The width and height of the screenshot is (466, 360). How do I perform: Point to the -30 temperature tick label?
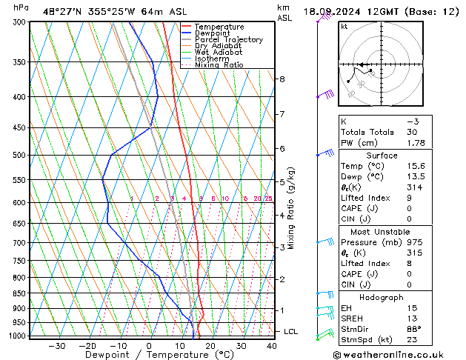coord(56,346)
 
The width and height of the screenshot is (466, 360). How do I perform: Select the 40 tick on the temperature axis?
coord(272,346)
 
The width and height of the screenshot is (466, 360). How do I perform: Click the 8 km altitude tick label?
coord(282,79)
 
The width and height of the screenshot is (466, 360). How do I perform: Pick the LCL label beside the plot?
coord(291,331)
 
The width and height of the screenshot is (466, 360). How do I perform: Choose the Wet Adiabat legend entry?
coord(219,52)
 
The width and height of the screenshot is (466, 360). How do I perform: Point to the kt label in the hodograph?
coord(344,27)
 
